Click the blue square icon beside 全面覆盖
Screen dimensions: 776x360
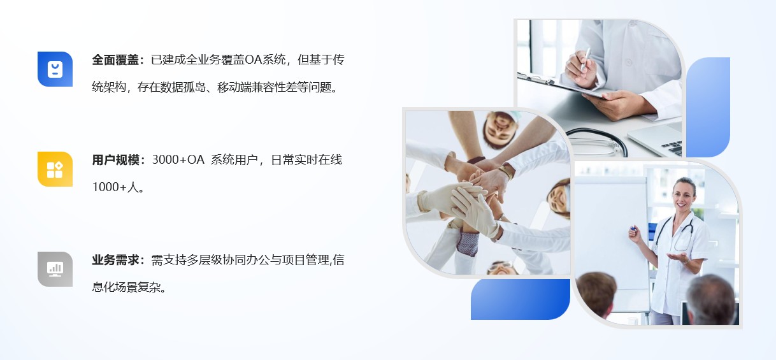[x=55, y=69]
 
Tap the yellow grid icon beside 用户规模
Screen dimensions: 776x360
[x=55, y=169]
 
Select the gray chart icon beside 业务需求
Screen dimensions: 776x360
[x=55, y=270]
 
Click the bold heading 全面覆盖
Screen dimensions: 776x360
[x=115, y=60]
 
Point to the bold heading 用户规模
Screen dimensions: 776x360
[x=115, y=160]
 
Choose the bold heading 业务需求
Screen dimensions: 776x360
[x=115, y=260]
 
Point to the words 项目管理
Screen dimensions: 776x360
[x=306, y=260]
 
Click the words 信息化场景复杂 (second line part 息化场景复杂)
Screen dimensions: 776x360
[x=129, y=287]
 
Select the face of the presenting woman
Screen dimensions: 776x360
[x=683, y=196]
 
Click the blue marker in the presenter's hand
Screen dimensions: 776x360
[x=633, y=228]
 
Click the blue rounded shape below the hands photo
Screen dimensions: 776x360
[x=521, y=299]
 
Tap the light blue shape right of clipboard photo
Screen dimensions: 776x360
[x=708, y=107]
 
